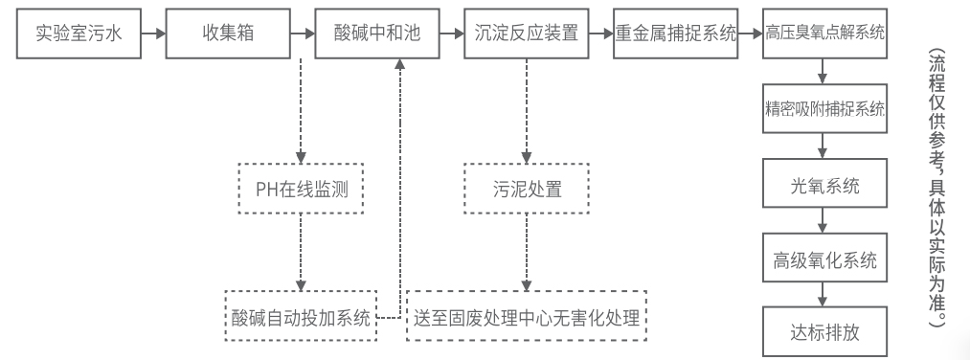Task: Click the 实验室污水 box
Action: tap(78, 34)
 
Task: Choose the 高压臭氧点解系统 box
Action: tap(824, 34)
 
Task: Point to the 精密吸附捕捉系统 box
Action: tap(824, 108)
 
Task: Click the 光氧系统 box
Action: tap(824, 184)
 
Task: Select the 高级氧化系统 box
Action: tap(824, 259)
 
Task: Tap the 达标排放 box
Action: tap(824, 331)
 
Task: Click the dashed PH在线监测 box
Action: tap(302, 186)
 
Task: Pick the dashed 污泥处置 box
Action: tap(526, 186)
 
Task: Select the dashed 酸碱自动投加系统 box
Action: tap(302, 315)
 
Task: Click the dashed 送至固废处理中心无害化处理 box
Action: tap(527, 315)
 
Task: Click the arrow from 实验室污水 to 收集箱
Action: tap(152, 34)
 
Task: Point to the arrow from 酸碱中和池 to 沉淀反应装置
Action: tap(451, 34)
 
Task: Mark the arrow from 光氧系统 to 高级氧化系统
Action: tap(824, 221)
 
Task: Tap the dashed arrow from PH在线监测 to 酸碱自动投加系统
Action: tap(302, 249)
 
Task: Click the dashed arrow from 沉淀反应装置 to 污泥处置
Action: tap(526, 110)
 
